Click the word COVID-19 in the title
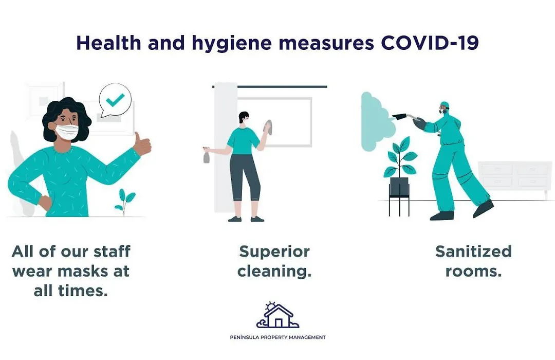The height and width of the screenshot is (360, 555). [430, 43]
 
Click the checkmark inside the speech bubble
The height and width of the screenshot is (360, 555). [116, 100]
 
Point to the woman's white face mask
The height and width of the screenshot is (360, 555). [67, 131]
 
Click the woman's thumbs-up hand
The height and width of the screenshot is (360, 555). [143, 143]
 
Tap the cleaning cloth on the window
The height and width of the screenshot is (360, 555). [268, 128]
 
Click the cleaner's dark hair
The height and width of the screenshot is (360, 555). [244, 117]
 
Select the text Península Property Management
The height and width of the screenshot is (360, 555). [278, 337]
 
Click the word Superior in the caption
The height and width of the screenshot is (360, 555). [274, 252]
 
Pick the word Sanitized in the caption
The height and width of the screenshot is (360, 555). [474, 251]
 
